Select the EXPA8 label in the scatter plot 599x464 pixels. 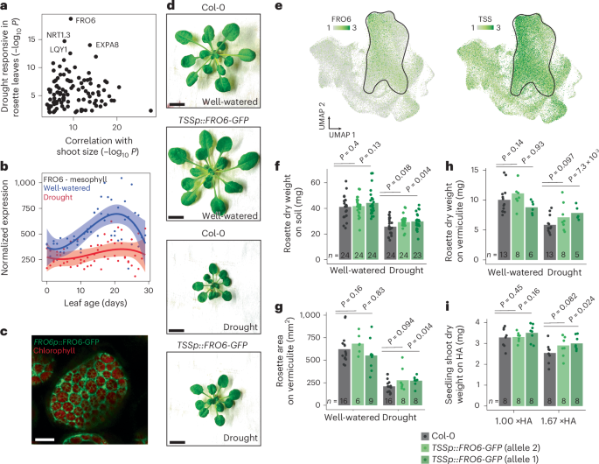[102, 43]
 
